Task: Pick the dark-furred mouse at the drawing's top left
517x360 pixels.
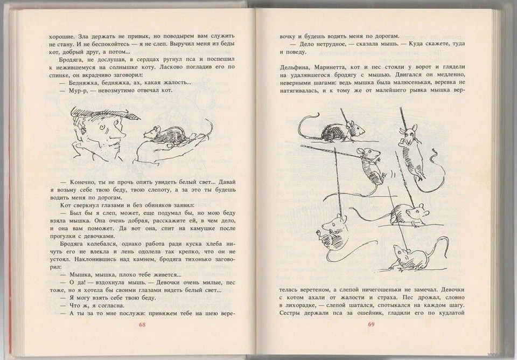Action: [336, 130]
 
